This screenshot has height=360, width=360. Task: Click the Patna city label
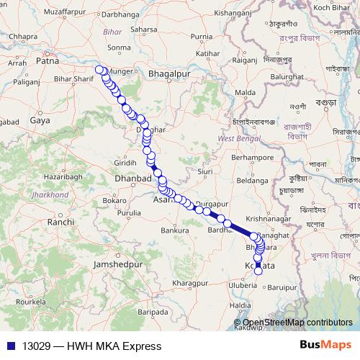pyautogui.click(x=46, y=61)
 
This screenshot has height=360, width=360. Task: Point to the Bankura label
pyautogui.click(x=174, y=230)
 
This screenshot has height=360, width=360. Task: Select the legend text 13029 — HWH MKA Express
pyautogui.click(x=91, y=346)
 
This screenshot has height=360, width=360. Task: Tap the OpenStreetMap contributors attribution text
pyautogui.click(x=297, y=322)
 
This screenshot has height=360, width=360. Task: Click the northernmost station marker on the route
pyautogui.click(x=99, y=70)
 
